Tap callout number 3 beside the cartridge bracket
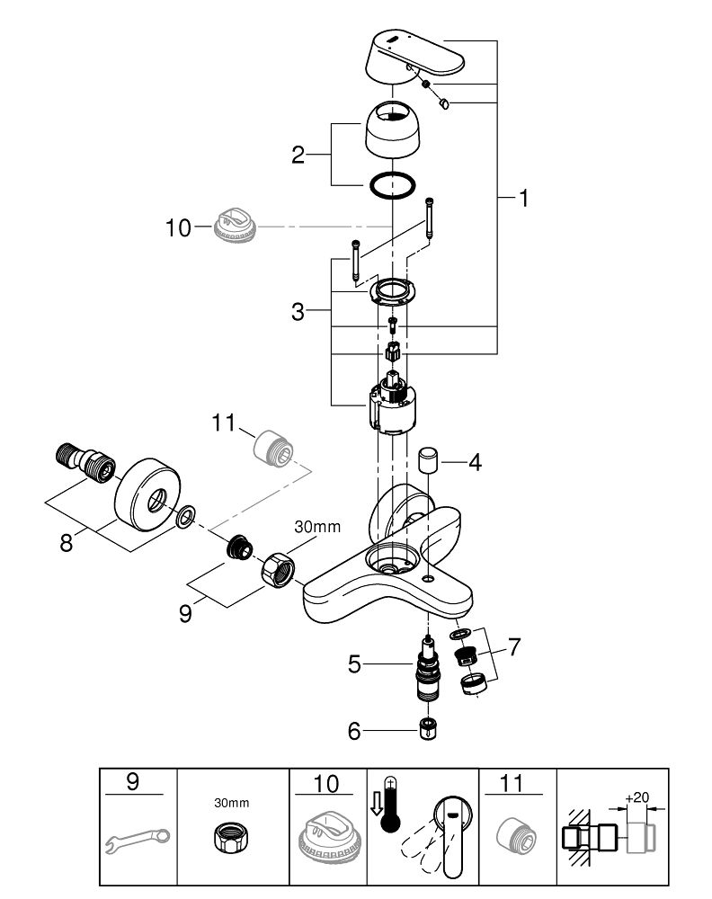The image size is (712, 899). pos(298,312)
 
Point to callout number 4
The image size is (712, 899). pos(476,464)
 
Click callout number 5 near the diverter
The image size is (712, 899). pos(354,666)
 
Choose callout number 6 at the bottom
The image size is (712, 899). pos(354,732)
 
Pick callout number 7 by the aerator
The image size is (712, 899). pos(513,645)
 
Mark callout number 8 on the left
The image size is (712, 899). pos(67,544)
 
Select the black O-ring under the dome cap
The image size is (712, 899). pos(392,186)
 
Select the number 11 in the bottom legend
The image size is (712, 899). pos(510,784)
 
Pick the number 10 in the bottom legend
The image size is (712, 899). pos(327,784)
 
